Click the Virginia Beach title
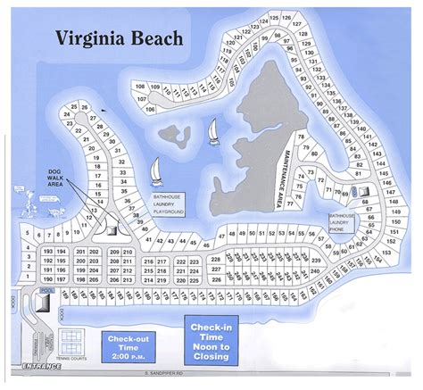pyautogui.click(x=119, y=38)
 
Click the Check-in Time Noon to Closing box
pyautogui.click(x=210, y=341)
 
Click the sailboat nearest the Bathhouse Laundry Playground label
pyautogui.click(x=154, y=170)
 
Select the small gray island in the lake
pyautogui.click(x=175, y=137)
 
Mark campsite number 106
pyautogui.click(x=148, y=109)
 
